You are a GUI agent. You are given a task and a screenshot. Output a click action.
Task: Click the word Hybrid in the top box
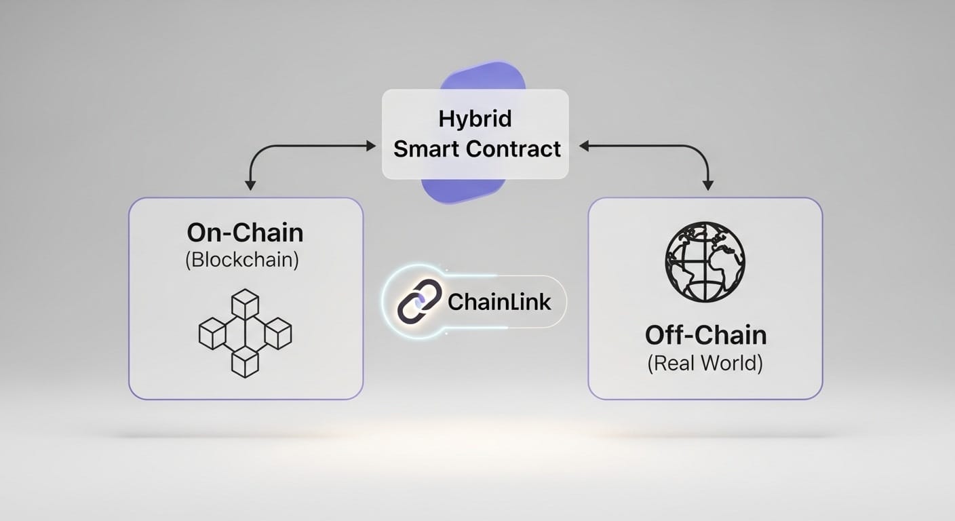click(x=475, y=119)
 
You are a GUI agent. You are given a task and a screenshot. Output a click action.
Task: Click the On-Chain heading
click(x=245, y=233)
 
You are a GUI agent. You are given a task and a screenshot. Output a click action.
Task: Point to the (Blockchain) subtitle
click(x=241, y=261)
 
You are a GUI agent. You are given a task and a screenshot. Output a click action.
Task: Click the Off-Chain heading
click(x=705, y=335)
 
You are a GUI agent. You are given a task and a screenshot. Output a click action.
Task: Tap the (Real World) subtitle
click(x=705, y=364)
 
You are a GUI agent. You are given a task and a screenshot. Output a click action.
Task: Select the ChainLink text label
click(x=500, y=302)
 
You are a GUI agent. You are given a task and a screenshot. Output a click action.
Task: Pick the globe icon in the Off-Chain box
click(x=705, y=261)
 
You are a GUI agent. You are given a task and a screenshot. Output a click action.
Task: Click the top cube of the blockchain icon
click(x=245, y=303)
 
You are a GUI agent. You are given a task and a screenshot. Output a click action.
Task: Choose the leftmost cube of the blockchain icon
click(x=212, y=333)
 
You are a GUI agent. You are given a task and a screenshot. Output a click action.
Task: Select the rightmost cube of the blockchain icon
click(x=277, y=333)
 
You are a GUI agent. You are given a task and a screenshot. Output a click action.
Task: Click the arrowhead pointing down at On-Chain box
click(x=250, y=184)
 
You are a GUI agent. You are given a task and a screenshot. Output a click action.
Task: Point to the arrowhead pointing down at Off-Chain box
click(x=708, y=184)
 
